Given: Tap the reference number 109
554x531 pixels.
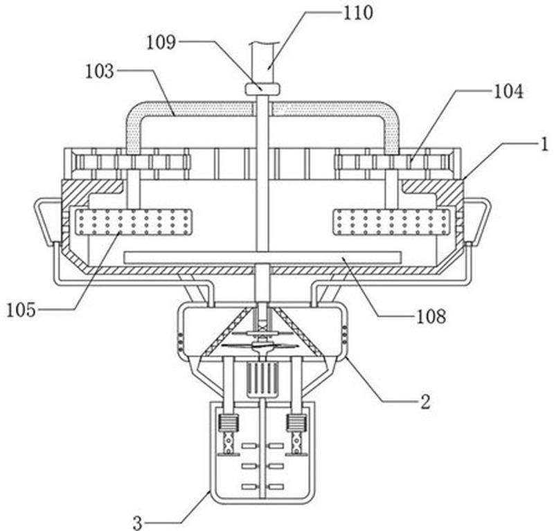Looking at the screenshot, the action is click(x=161, y=42).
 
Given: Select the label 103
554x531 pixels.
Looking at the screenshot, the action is click(x=99, y=71).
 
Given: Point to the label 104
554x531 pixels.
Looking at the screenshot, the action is click(x=508, y=91).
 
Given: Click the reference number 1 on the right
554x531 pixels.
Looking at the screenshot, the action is click(x=545, y=145).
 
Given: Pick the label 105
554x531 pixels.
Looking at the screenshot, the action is click(x=21, y=310).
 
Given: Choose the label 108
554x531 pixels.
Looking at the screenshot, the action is click(x=431, y=316).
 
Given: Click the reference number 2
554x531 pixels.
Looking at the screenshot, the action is click(x=425, y=402).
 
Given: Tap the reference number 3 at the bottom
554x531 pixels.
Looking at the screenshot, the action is click(x=138, y=523).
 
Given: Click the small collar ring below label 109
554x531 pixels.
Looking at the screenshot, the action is click(x=262, y=89).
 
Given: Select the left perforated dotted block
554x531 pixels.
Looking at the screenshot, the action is click(x=134, y=222).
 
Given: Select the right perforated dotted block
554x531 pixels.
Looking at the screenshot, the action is click(x=391, y=222).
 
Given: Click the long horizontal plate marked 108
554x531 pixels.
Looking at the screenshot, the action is click(x=262, y=258).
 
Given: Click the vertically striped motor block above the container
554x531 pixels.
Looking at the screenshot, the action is click(x=262, y=379).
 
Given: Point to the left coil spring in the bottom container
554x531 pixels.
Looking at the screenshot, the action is click(x=229, y=422).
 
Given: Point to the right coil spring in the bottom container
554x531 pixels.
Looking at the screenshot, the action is click(x=296, y=422).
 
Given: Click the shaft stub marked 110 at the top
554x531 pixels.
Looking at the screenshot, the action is click(x=262, y=63).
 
